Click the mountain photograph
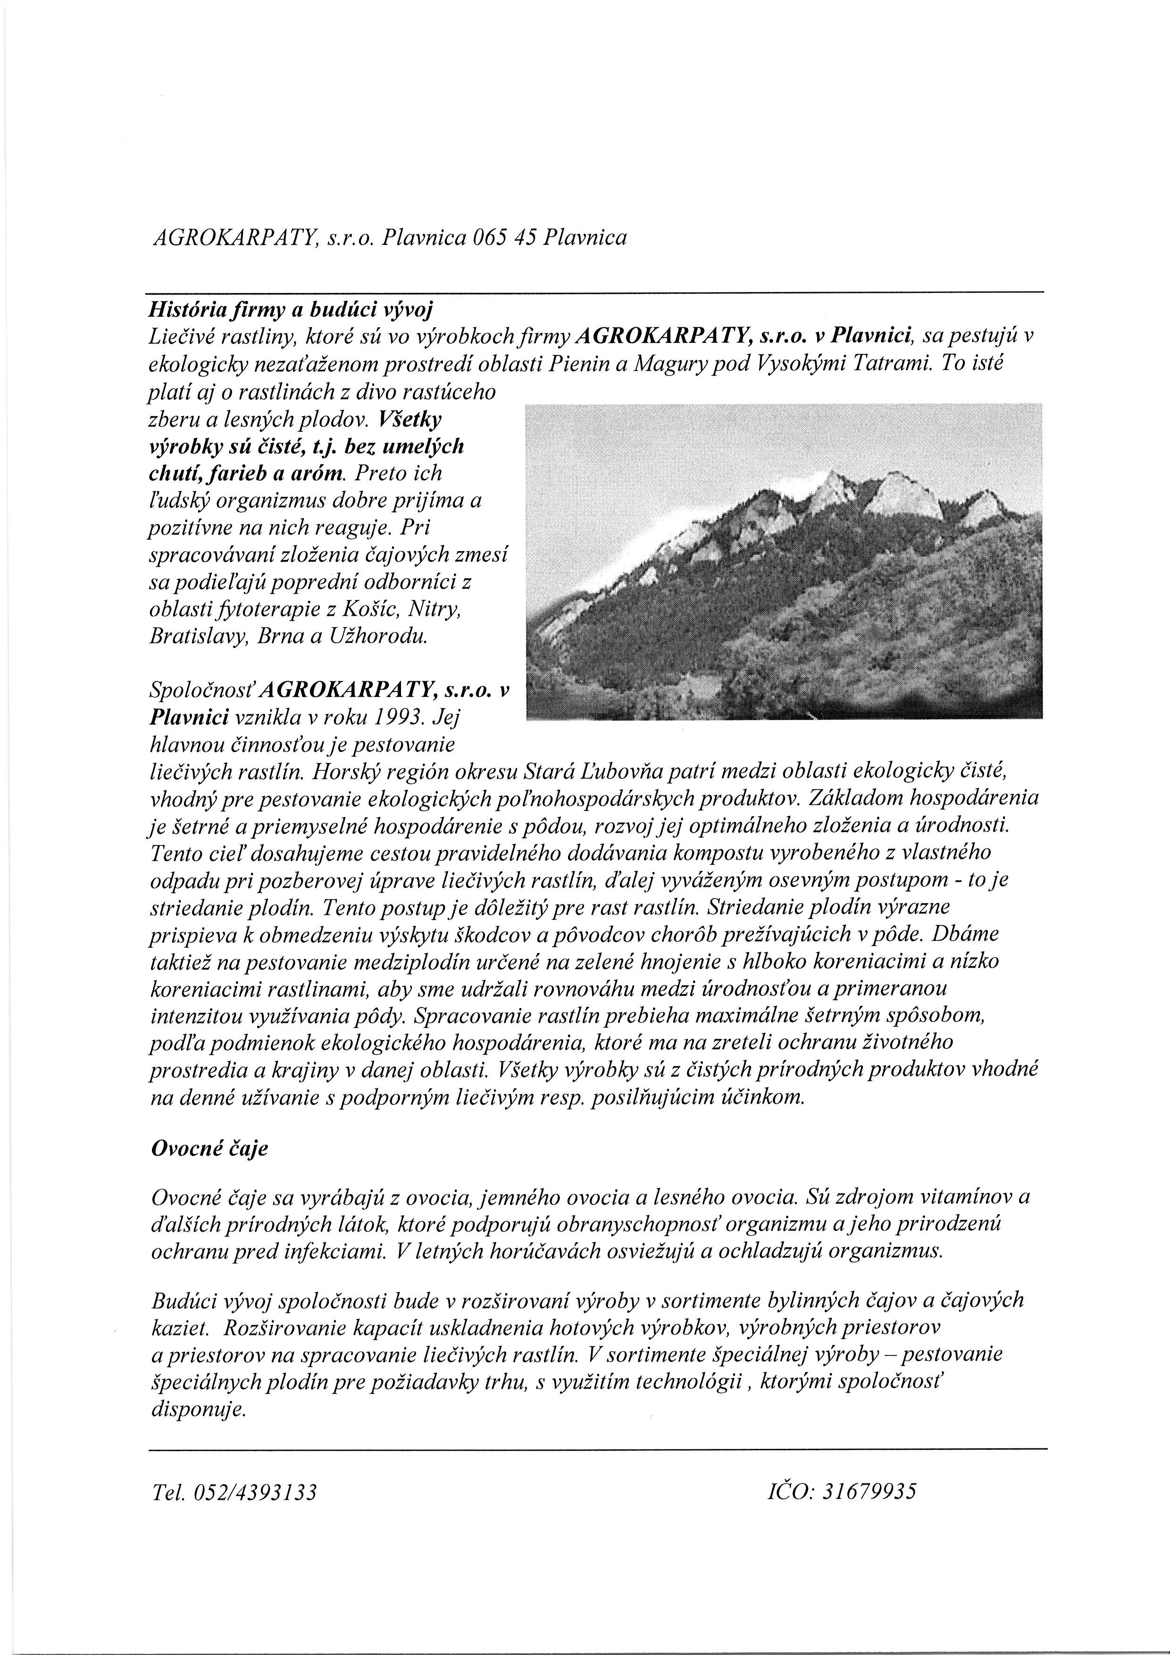[x=785, y=561]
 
